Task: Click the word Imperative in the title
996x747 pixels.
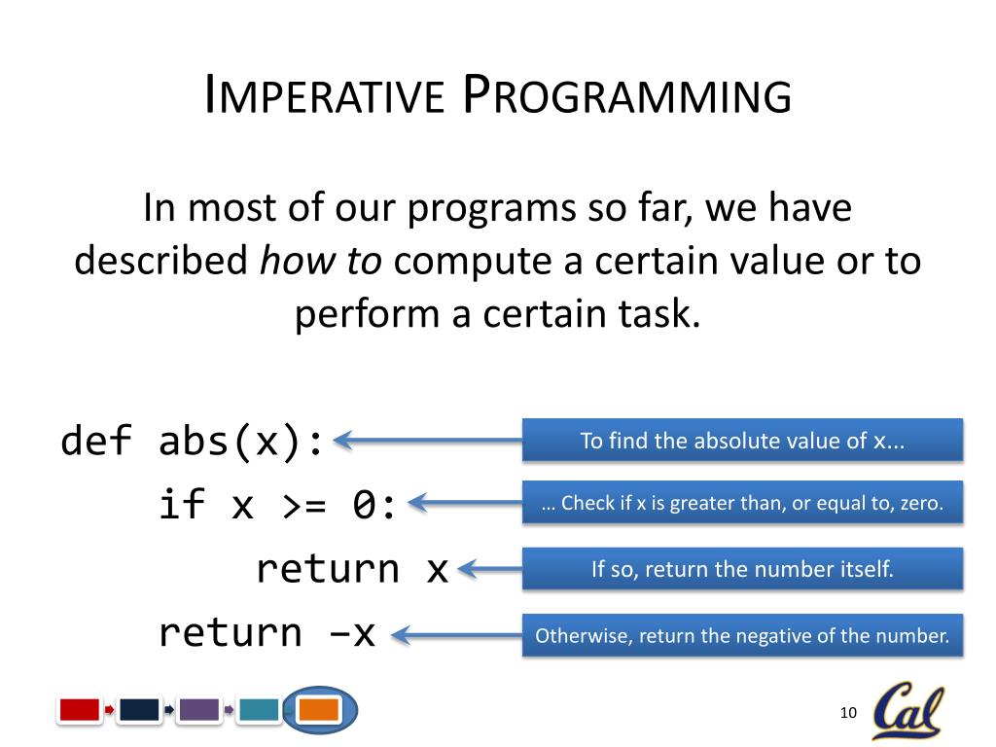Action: point(324,94)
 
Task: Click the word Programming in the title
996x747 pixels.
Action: point(627,94)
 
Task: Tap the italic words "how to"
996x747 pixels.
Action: point(321,261)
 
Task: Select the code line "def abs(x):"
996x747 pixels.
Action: point(192,441)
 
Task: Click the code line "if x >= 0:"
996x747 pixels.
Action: point(277,505)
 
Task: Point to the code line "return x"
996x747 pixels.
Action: point(352,568)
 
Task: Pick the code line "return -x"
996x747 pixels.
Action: point(267,633)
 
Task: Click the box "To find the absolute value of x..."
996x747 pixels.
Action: point(742,441)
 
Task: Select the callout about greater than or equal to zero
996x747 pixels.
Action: point(742,503)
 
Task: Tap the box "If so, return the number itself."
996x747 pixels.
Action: point(742,568)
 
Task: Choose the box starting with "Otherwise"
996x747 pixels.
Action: point(742,635)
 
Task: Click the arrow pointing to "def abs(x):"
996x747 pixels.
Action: point(428,441)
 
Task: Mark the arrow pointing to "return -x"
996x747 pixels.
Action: point(457,635)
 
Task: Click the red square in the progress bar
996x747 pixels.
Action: point(80,709)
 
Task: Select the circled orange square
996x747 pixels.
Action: point(319,709)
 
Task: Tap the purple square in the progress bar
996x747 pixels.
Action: point(199,709)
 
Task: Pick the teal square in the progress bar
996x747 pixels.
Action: point(259,709)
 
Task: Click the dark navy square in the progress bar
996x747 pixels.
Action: point(139,709)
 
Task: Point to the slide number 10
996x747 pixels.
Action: point(848,713)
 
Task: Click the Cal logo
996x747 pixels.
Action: point(907,709)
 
